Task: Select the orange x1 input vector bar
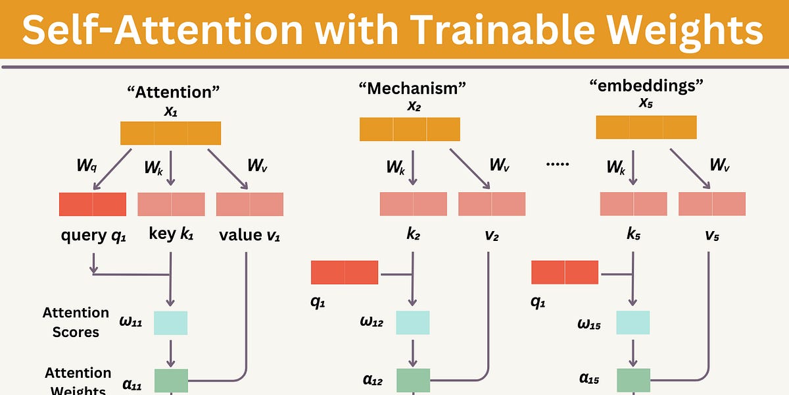(x=170, y=133)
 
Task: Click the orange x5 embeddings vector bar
(x=646, y=127)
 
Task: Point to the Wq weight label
(x=87, y=164)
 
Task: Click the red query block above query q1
(x=92, y=204)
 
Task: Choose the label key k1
(x=171, y=235)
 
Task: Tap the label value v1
(x=249, y=235)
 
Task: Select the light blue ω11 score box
(x=170, y=323)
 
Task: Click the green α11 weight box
(x=171, y=381)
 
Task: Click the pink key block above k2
(x=413, y=204)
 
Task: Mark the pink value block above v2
(x=492, y=204)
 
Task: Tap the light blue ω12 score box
(x=413, y=323)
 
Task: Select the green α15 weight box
(x=633, y=381)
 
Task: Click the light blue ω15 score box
(x=633, y=323)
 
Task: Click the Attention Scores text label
(x=76, y=322)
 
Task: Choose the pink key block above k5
(x=633, y=204)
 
